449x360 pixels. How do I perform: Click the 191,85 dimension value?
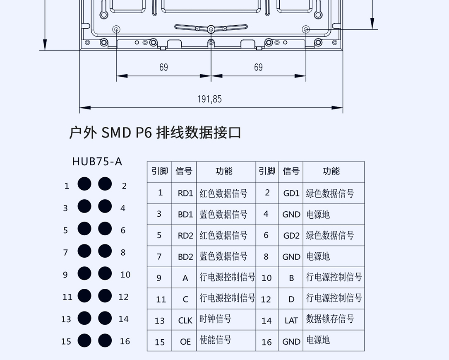pos(209,99)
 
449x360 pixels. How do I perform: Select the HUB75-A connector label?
pos(97,161)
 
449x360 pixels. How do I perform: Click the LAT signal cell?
pos(291,320)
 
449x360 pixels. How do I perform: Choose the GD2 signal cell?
pos(291,236)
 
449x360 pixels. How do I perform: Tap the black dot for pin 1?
pos(84,184)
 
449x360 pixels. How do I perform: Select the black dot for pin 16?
pos(105,341)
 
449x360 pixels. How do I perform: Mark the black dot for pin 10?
pos(105,273)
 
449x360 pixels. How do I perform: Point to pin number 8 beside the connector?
pos(123,252)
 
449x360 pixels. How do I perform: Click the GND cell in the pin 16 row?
pos(291,341)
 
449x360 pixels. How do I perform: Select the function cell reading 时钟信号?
pos(216,319)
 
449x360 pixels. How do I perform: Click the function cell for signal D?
pos(334,298)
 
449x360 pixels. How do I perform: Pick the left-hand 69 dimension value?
pos(164,67)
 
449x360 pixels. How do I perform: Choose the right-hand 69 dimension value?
pos(258,67)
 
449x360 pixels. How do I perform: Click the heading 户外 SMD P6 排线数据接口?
pos(155,133)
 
